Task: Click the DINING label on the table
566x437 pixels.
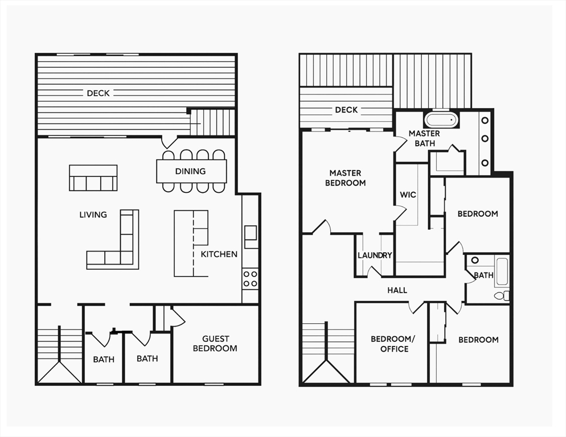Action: [x=190, y=171]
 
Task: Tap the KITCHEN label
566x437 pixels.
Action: [x=219, y=254]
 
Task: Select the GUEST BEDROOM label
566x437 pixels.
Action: [x=215, y=344]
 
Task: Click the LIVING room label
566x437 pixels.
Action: [x=93, y=215]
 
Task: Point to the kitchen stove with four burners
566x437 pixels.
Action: [x=250, y=278]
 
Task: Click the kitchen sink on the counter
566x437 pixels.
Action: [x=251, y=237]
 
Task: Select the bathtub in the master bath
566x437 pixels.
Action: [x=441, y=119]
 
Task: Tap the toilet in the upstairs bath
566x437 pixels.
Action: [x=502, y=295]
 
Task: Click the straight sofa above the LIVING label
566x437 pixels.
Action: [x=93, y=178]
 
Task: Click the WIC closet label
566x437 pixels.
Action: [x=408, y=195]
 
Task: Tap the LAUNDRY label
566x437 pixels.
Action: [x=375, y=255]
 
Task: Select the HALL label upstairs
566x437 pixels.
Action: [x=397, y=290]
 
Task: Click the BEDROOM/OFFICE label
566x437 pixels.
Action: [x=393, y=344]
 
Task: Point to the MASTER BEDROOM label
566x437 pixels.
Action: [x=345, y=178]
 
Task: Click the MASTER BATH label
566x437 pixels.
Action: [x=425, y=138]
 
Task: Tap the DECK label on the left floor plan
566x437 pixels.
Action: [x=98, y=93]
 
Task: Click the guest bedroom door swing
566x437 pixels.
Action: [x=178, y=316]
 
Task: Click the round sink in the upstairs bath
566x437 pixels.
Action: [x=475, y=260]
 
